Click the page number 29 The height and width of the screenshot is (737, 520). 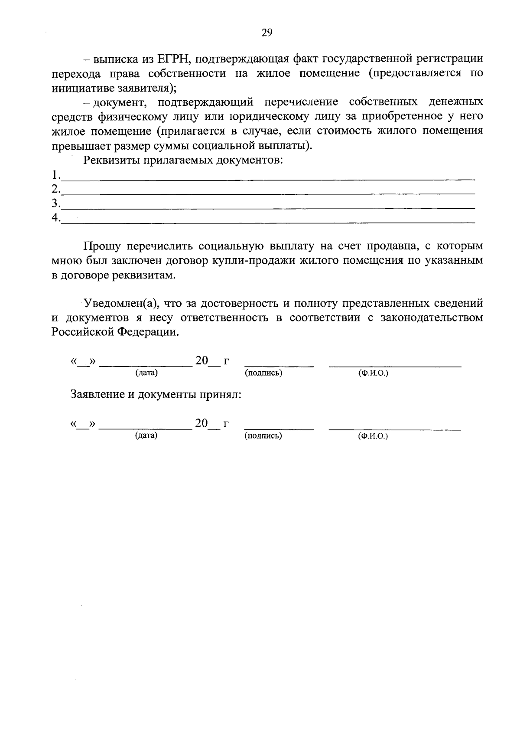[266, 33]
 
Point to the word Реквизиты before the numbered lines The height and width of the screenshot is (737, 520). [112, 160]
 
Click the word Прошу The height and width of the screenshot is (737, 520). [102, 246]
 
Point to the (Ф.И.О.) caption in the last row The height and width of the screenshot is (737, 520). [373, 436]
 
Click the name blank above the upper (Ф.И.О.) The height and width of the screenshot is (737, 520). [395, 365]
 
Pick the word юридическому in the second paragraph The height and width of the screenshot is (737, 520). [266, 116]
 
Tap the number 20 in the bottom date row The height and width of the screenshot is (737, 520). [201, 424]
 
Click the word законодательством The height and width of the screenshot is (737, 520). [432, 318]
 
